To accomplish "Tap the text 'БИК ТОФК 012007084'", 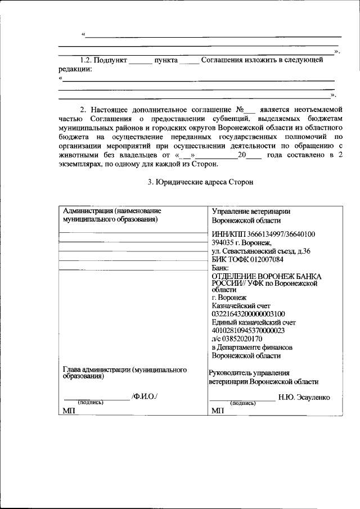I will coord(247,259).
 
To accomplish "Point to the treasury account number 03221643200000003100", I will coord(248,313).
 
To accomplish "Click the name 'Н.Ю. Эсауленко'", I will coord(304,397).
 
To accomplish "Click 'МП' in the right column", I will coord(218,411).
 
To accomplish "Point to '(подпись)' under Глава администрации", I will coord(91,403).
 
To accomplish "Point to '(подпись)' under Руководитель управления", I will coord(243,403).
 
